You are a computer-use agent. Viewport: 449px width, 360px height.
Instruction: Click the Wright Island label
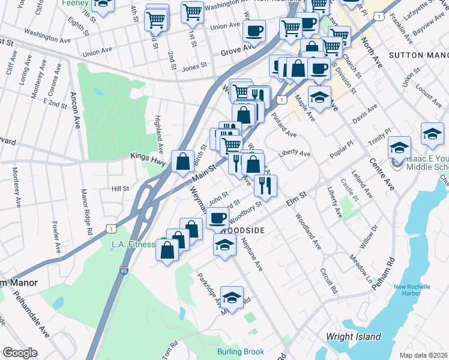[x=353, y=337]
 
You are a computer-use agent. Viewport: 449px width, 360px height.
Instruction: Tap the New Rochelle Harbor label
[x=412, y=290]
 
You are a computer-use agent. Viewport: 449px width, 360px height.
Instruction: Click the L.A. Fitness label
[x=133, y=244]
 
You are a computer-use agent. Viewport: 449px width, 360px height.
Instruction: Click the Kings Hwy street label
[x=148, y=155]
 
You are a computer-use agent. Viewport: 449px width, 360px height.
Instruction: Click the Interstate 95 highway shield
[x=124, y=271]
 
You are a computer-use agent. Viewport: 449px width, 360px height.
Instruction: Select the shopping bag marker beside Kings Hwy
[x=182, y=161]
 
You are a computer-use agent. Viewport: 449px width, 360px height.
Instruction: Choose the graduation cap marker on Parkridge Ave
[x=232, y=298]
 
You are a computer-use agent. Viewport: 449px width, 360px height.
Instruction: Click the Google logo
[x=20, y=353]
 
